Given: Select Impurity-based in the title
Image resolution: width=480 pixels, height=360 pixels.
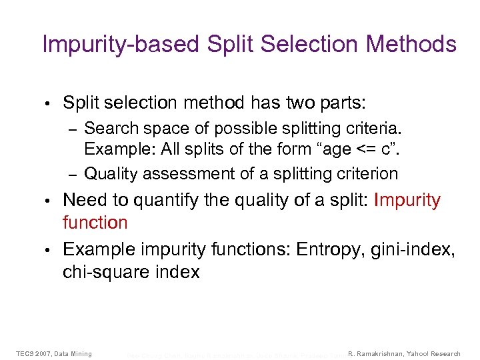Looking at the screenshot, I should [x=120, y=45].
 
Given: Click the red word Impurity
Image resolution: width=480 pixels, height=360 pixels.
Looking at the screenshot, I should [x=407, y=201].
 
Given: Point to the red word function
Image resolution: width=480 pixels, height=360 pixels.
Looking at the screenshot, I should [x=95, y=222].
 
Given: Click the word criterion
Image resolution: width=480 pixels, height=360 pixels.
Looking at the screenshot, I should [x=365, y=174].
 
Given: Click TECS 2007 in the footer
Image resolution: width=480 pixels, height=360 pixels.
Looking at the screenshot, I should [x=34, y=353].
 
